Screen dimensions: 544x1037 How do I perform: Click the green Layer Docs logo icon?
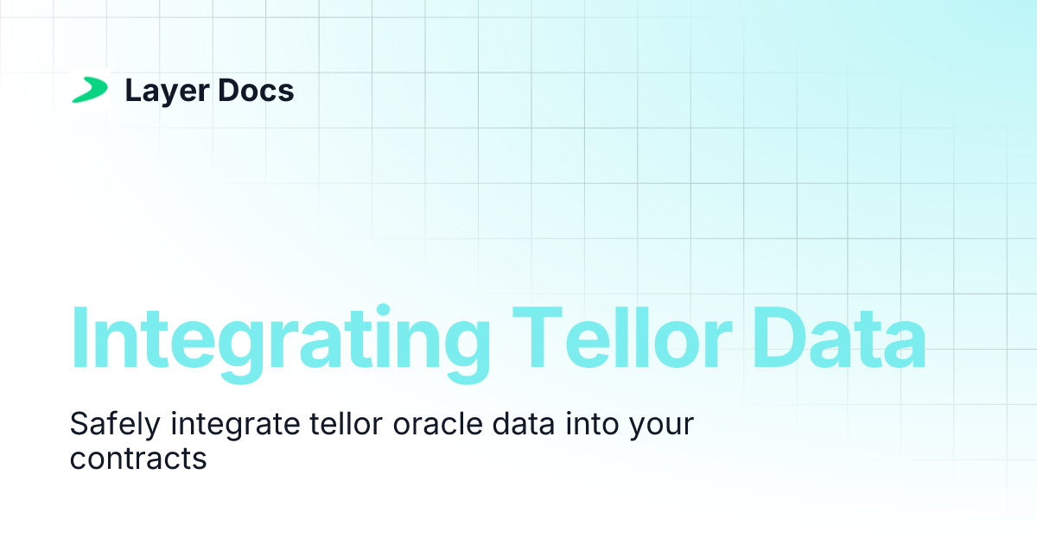[90, 90]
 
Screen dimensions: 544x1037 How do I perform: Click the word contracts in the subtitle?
[138, 459]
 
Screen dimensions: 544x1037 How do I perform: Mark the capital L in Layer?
[132, 91]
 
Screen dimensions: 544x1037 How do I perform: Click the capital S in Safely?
[78, 424]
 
